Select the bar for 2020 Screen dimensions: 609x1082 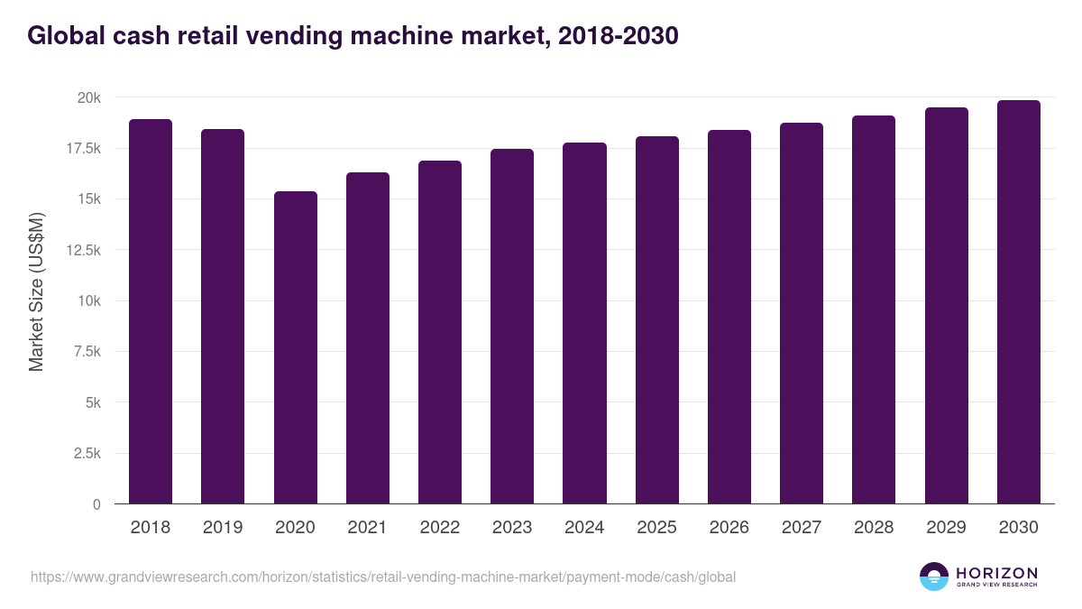pos(295,347)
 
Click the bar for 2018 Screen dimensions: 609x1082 pos(151,311)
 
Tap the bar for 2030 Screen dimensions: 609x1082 pos(1018,302)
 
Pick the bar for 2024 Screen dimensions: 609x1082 pos(584,323)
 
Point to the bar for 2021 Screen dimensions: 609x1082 pos(367,338)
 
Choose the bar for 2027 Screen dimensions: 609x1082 pos(802,313)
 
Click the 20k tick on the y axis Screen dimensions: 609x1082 pos(87,97)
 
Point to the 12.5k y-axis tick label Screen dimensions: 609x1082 pos(83,250)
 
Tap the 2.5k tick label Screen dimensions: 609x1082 pos(86,454)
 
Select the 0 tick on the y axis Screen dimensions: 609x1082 pos(96,504)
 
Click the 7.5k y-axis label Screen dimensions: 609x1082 pos(86,352)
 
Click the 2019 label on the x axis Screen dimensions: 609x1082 pos(223,528)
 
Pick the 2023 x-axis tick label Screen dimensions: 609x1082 pos(512,528)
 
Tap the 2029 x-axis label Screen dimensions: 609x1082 pos(946,528)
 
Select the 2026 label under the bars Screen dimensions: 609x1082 pos(729,528)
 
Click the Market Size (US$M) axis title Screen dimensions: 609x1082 pos(36,291)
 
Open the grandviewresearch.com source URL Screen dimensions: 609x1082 pos(383,577)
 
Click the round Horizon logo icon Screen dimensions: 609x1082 pos(934,577)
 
